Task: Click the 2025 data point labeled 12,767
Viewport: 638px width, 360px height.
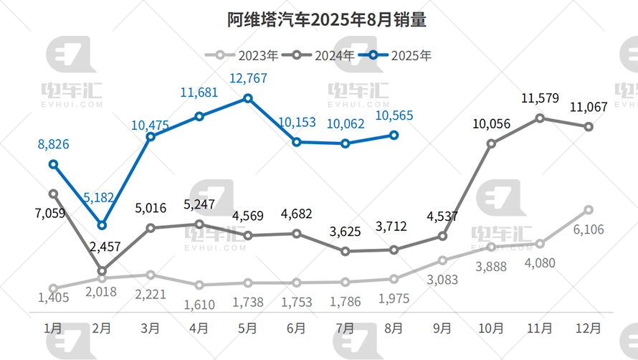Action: [x=248, y=98]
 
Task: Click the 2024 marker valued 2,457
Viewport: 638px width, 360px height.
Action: [x=102, y=272]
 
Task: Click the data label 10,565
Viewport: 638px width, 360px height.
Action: [x=394, y=115]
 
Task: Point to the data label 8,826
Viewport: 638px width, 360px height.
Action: [x=53, y=145]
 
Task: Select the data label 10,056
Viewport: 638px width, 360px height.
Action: [x=491, y=124]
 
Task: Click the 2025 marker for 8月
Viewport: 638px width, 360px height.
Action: [x=394, y=134]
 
